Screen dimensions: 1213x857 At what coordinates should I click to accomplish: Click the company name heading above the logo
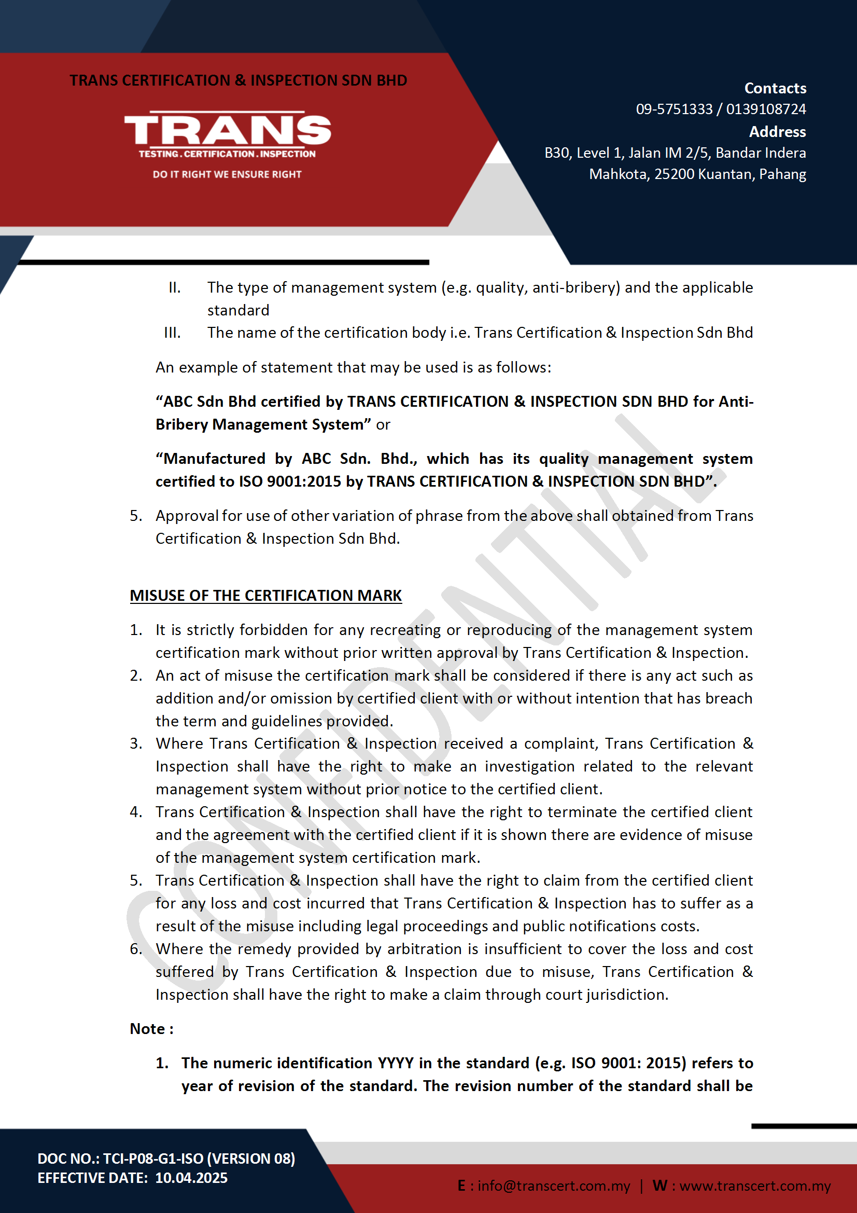(238, 80)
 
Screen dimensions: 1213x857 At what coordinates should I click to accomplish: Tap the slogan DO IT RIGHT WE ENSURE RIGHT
(227, 174)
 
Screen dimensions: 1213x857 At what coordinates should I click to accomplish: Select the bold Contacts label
(775, 88)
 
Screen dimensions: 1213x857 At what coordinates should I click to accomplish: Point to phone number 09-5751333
(674, 109)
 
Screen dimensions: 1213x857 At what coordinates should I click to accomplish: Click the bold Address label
(777, 132)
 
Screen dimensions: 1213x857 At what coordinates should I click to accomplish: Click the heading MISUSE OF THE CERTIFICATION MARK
(265, 596)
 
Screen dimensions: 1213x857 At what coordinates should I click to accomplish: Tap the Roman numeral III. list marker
(172, 333)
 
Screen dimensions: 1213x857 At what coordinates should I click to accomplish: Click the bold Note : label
(151, 1029)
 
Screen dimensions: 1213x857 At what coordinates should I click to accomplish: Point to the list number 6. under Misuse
(136, 949)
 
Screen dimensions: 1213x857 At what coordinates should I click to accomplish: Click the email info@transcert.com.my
(553, 1186)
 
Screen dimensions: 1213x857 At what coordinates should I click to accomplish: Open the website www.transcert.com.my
(754, 1186)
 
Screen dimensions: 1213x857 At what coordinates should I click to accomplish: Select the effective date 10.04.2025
(191, 1178)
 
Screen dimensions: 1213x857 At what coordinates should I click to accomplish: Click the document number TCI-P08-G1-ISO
(153, 1159)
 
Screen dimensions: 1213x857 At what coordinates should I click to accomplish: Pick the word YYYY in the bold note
(396, 1063)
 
